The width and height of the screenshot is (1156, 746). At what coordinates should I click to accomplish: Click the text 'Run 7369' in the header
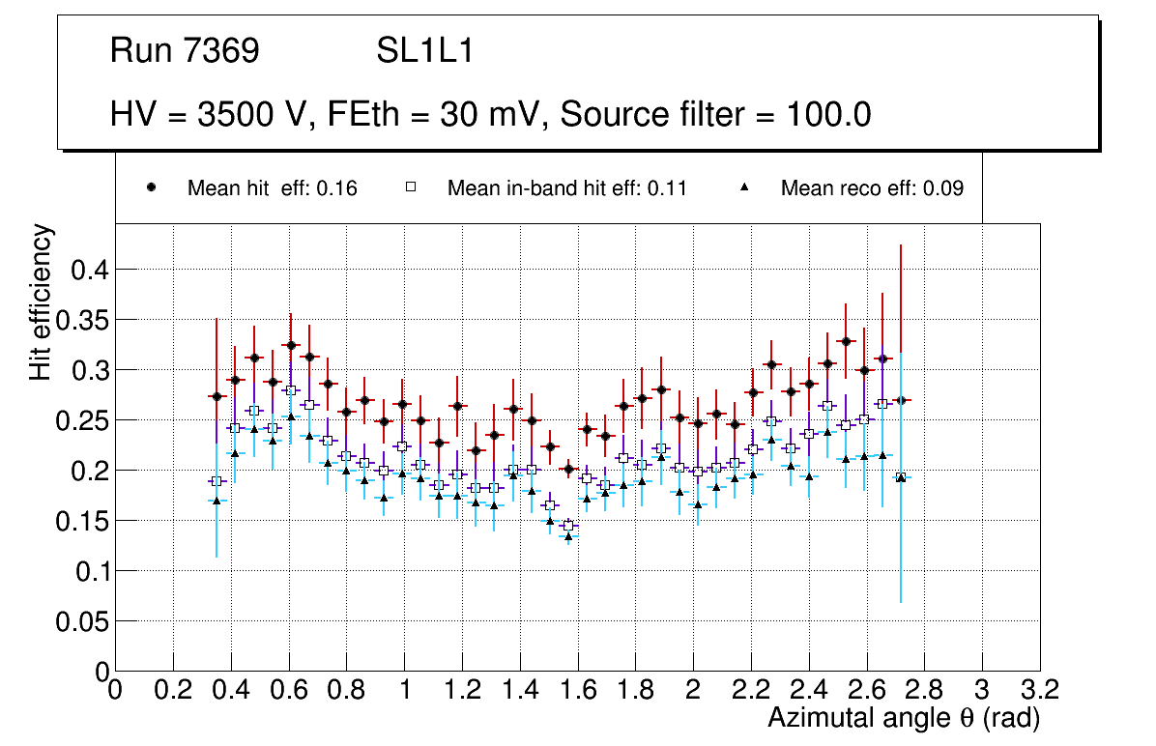[x=185, y=51]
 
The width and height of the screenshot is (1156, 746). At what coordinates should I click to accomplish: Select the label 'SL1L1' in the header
[x=424, y=51]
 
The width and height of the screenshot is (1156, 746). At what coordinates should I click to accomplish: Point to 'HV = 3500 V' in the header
[x=205, y=115]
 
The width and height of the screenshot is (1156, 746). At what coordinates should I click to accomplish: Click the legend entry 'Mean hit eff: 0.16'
[x=272, y=188]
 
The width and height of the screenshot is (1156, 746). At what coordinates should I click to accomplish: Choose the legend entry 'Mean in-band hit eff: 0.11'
[x=566, y=188]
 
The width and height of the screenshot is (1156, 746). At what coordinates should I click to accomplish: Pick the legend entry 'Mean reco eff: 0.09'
[x=871, y=188]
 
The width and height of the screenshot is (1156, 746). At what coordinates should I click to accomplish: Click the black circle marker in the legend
[x=152, y=187]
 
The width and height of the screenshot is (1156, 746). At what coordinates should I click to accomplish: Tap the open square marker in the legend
[x=411, y=187]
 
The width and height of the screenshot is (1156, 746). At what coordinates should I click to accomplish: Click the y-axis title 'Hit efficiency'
[x=41, y=301]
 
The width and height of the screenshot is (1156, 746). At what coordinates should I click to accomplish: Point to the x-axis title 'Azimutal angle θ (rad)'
[x=904, y=718]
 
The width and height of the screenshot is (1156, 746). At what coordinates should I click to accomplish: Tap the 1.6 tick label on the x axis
[x=577, y=689]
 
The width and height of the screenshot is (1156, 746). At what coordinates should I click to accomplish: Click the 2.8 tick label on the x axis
[x=924, y=689]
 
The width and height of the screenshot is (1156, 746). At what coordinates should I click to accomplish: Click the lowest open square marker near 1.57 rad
[x=568, y=526]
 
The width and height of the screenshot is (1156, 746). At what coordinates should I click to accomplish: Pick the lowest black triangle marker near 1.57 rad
[x=568, y=537]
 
